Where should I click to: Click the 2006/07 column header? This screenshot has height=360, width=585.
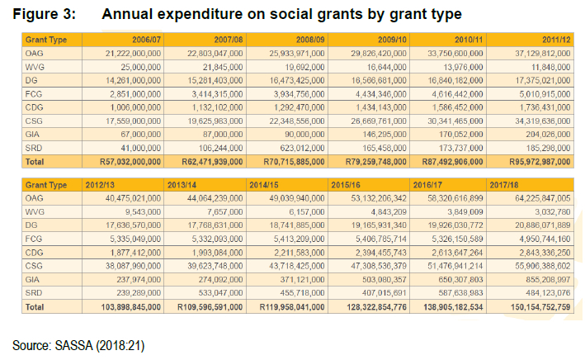point(146,40)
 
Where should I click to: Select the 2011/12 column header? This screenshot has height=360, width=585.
point(556,40)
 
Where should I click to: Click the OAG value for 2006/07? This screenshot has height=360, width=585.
point(133,54)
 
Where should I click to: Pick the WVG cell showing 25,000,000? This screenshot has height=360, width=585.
point(140,67)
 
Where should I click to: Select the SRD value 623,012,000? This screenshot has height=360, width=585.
point(303,148)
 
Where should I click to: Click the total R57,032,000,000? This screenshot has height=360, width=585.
point(130,162)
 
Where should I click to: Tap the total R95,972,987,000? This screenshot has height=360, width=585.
point(540,162)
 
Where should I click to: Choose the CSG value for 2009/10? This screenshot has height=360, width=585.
point(379,121)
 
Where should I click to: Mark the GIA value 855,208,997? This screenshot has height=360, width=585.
point(548,279)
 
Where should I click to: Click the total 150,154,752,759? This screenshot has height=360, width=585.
point(540,307)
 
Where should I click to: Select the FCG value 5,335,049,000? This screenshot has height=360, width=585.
point(135,239)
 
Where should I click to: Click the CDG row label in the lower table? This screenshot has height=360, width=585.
point(35,253)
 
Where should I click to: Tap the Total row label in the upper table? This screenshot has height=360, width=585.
point(35,162)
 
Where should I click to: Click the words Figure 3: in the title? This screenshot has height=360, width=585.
point(45,14)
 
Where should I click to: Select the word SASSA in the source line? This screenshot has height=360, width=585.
point(74,345)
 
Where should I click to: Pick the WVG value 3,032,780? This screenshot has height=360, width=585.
point(553,211)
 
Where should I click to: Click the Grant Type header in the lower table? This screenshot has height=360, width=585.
point(46,185)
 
